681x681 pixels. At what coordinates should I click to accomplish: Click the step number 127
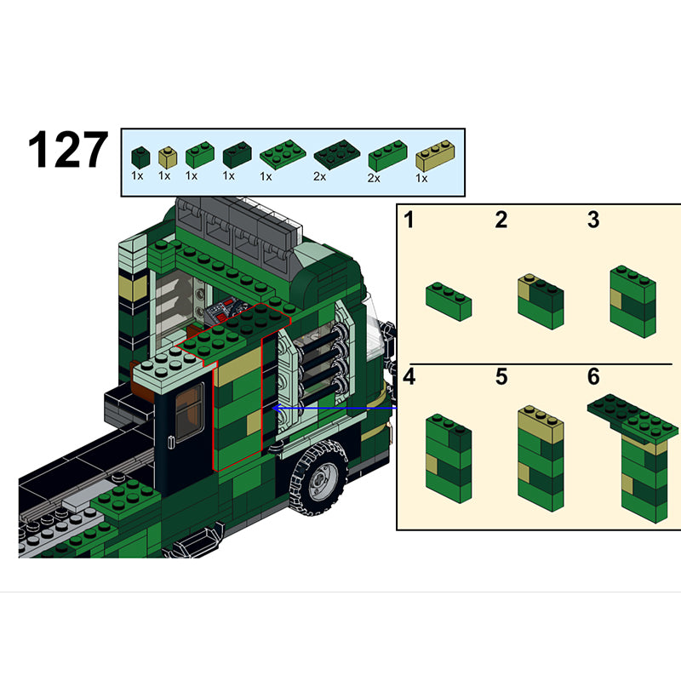pyautogui.click(x=68, y=150)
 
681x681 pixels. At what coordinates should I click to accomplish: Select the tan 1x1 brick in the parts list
pyautogui.click(x=168, y=157)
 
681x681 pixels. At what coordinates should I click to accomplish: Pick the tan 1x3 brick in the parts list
pyautogui.click(x=435, y=156)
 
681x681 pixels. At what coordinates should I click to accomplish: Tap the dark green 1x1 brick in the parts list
pyautogui.click(x=140, y=157)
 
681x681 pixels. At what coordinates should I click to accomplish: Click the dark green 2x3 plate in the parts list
pyautogui.click(x=337, y=154)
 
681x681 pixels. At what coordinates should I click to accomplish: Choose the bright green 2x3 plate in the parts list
pyautogui.click(x=283, y=154)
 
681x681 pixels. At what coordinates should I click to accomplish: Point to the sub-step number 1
pyautogui.click(x=409, y=220)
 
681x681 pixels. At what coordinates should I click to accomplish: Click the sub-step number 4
pyautogui.click(x=409, y=376)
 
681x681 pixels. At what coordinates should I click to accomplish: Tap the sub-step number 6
pyautogui.click(x=593, y=376)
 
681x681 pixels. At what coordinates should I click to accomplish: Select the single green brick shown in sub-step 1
pyautogui.click(x=449, y=301)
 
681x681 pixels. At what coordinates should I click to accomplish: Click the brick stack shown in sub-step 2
pyautogui.click(x=541, y=301)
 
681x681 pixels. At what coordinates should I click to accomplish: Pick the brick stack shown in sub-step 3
pyautogui.click(x=632, y=301)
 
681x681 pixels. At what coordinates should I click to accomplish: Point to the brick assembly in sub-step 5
pyautogui.click(x=541, y=458)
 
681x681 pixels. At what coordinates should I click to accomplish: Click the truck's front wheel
pyautogui.click(x=319, y=478)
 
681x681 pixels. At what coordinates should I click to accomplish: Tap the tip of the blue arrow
pyautogui.click(x=272, y=409)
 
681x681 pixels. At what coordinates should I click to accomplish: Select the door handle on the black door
pyautogui.click(x=171, y=442)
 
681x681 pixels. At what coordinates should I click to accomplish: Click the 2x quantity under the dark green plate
pyautogui.click(x=320, y=177)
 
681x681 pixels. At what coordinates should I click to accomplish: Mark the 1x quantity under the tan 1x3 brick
pyautogui.click(x=421, y=178)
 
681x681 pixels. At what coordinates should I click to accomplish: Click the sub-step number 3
pyautogui.click(x=593, y=220)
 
